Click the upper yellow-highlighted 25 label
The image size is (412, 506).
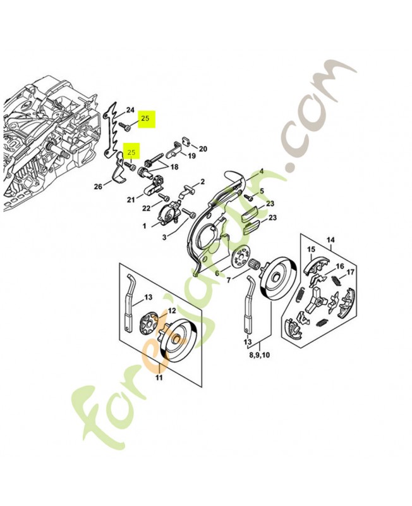146,118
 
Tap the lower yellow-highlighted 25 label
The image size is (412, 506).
132,152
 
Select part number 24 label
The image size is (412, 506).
130,110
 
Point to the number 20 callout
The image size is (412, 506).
203,149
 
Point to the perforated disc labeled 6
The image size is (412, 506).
239,261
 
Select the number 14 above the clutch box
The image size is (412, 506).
329,240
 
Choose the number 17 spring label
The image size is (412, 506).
351,272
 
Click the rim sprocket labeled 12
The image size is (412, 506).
149,323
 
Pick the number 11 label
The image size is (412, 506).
159,378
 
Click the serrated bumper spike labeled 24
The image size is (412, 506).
111,133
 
